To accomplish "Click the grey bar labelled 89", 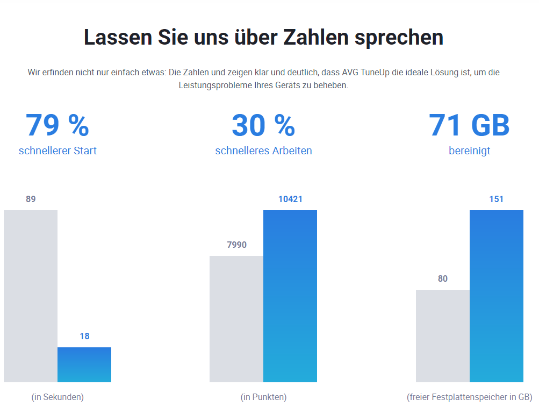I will [31, 296].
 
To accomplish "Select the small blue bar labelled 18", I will [84, 365].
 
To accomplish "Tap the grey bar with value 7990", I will [236, 319].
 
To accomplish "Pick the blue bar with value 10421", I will [290, 296].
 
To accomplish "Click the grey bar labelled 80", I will [443, 336].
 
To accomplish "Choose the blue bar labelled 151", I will [497, 296].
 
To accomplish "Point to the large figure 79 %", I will [58, 125].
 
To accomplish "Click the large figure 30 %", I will [263, 125].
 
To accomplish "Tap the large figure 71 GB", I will [469, 125].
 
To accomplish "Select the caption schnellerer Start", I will [58, 151].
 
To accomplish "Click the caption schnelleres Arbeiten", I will [263, 151].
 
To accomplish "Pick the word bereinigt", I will [469, 151].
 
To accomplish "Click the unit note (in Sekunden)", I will [58, 397].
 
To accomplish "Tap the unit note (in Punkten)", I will [263, 397].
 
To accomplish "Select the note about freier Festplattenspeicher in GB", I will [469, 397].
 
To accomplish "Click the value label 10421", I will [290, 199].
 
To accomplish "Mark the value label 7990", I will [236, 245].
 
